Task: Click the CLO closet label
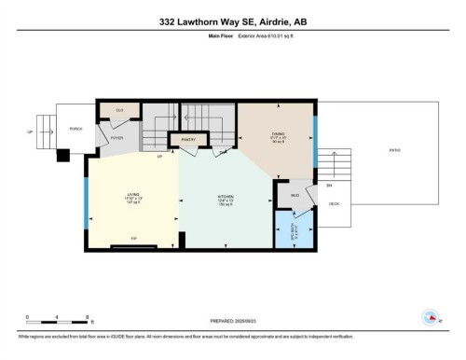click(x=119, y=111)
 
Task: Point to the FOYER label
click(x=116, y=138)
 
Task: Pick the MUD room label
click(x=295, y=194)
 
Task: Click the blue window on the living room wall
click(x=86, y=197)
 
